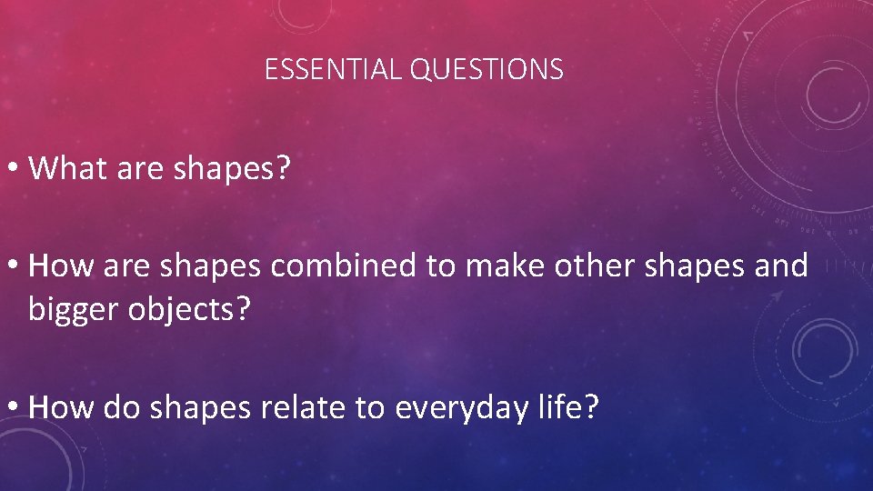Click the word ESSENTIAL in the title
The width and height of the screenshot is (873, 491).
[x=334, y=69]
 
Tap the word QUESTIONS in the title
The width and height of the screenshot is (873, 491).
[x=487, y=69]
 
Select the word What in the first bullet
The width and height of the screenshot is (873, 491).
[x=69, y=168]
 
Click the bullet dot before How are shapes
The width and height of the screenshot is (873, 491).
[x=15, y=267]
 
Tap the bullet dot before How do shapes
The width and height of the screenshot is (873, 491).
[x=15, y=408]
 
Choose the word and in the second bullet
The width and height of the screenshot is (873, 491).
[x=780, y=266]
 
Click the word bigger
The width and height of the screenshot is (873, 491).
[x=76, y=311]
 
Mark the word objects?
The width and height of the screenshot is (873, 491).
[x=193, y=311]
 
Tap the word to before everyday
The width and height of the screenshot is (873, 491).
[x=370, y=407]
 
